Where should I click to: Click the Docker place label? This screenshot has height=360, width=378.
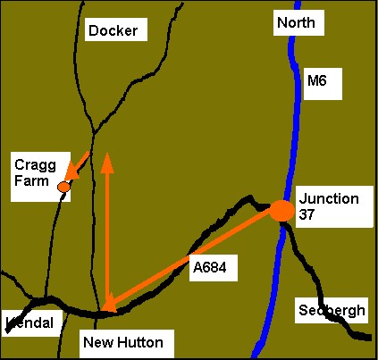113,31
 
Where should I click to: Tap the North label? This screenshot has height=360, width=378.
297,22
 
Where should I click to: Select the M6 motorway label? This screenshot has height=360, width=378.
317,81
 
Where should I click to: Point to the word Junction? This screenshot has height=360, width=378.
329,198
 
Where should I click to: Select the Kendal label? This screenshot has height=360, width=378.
29,322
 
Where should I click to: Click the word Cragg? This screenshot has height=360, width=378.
34,163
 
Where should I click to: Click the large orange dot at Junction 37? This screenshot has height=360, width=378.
281,211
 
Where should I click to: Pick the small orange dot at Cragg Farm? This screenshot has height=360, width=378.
63,188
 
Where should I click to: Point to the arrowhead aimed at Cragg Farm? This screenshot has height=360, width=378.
72,169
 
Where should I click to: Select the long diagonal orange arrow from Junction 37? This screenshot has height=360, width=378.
192,260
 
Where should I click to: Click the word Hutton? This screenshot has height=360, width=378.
138,341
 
